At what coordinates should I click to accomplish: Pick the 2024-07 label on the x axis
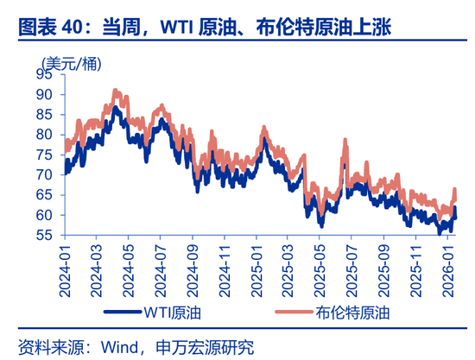pyautogui.click(x=161, y=268)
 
